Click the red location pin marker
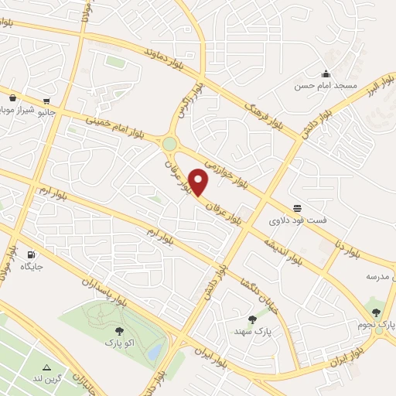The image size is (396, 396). [199, 183]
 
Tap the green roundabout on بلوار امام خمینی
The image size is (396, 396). [170, 144]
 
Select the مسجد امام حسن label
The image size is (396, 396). [315, 86]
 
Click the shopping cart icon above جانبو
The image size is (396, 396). [48, 101]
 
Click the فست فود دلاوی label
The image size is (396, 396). [298, 220]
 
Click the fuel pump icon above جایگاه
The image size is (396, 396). [31, 254]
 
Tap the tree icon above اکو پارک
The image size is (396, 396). [118, 331]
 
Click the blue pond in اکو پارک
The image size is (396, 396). [155, 352]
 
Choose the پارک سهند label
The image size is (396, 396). [253, 330]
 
